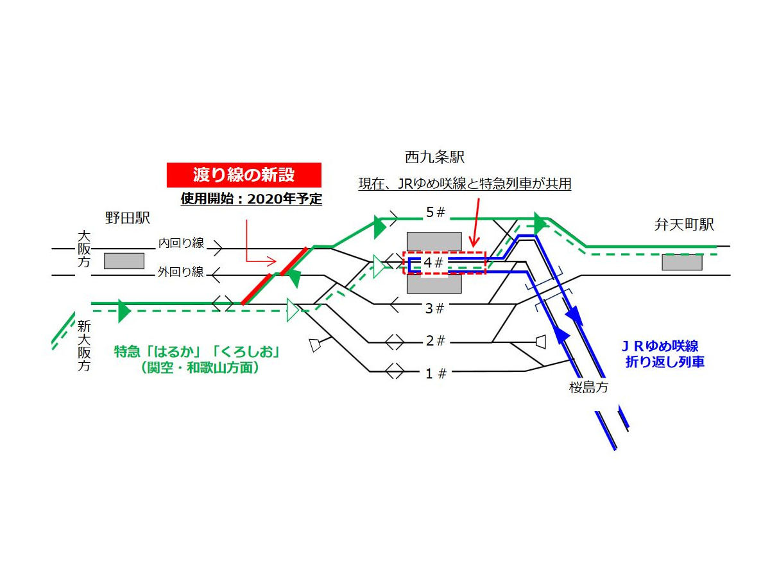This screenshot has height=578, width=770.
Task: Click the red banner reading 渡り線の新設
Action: point(244,175)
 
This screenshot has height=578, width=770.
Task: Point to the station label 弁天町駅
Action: point(684,225)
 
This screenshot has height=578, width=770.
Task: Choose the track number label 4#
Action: point(433,263)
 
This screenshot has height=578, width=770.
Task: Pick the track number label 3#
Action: point(434,309)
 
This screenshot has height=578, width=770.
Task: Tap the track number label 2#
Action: point(435,341)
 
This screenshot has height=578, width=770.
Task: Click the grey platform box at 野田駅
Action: point(124,261)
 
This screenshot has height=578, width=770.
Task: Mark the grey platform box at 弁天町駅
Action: point(682,262)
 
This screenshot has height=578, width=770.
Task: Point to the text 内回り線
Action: point(181,243)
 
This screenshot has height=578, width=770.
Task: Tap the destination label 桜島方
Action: point(588,387)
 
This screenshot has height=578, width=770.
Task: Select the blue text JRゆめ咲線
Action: point(661,347)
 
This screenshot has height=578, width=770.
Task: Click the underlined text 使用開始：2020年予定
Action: point(251,198)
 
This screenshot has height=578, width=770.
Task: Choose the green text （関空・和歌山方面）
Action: point(199,369)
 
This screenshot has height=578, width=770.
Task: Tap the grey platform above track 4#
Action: point(434,241)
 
